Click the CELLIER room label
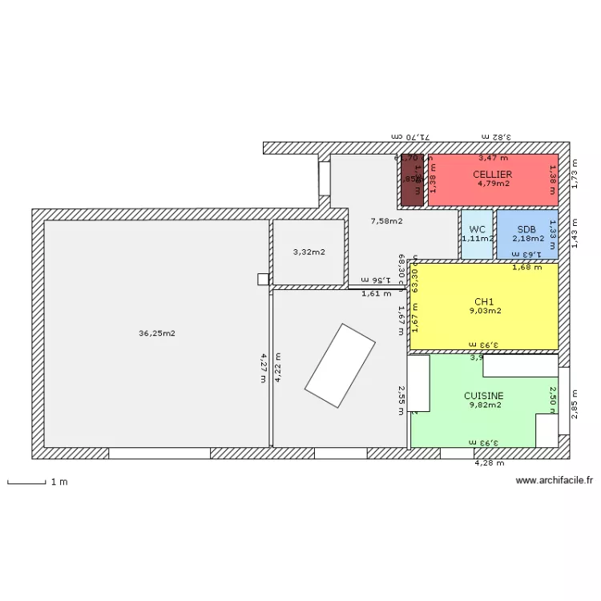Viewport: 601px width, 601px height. [x=492, y=174]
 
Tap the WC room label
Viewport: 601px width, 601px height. [x=478, y=229]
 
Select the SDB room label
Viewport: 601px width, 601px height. [x=526, y=229]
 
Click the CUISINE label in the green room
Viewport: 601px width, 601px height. [x=484, y=396]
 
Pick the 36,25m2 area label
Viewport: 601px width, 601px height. [x=157, y=333]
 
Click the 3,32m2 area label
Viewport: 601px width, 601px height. [x=309, y=252]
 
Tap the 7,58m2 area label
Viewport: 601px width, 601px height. [x=386, y=221]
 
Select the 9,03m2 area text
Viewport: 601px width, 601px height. [x=485, y=311]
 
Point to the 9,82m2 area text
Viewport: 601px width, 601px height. [x=485, y=405]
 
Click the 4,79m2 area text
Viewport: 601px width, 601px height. [x=493, y=184]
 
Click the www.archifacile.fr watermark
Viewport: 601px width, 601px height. [x=555, y=481]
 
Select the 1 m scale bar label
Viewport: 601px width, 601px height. [x=58, y=482]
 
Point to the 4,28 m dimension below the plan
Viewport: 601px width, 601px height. [x=490, y=463]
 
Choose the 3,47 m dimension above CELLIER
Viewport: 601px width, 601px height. [x=493, y=159]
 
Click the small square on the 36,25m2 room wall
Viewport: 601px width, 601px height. [x=263, y=279]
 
